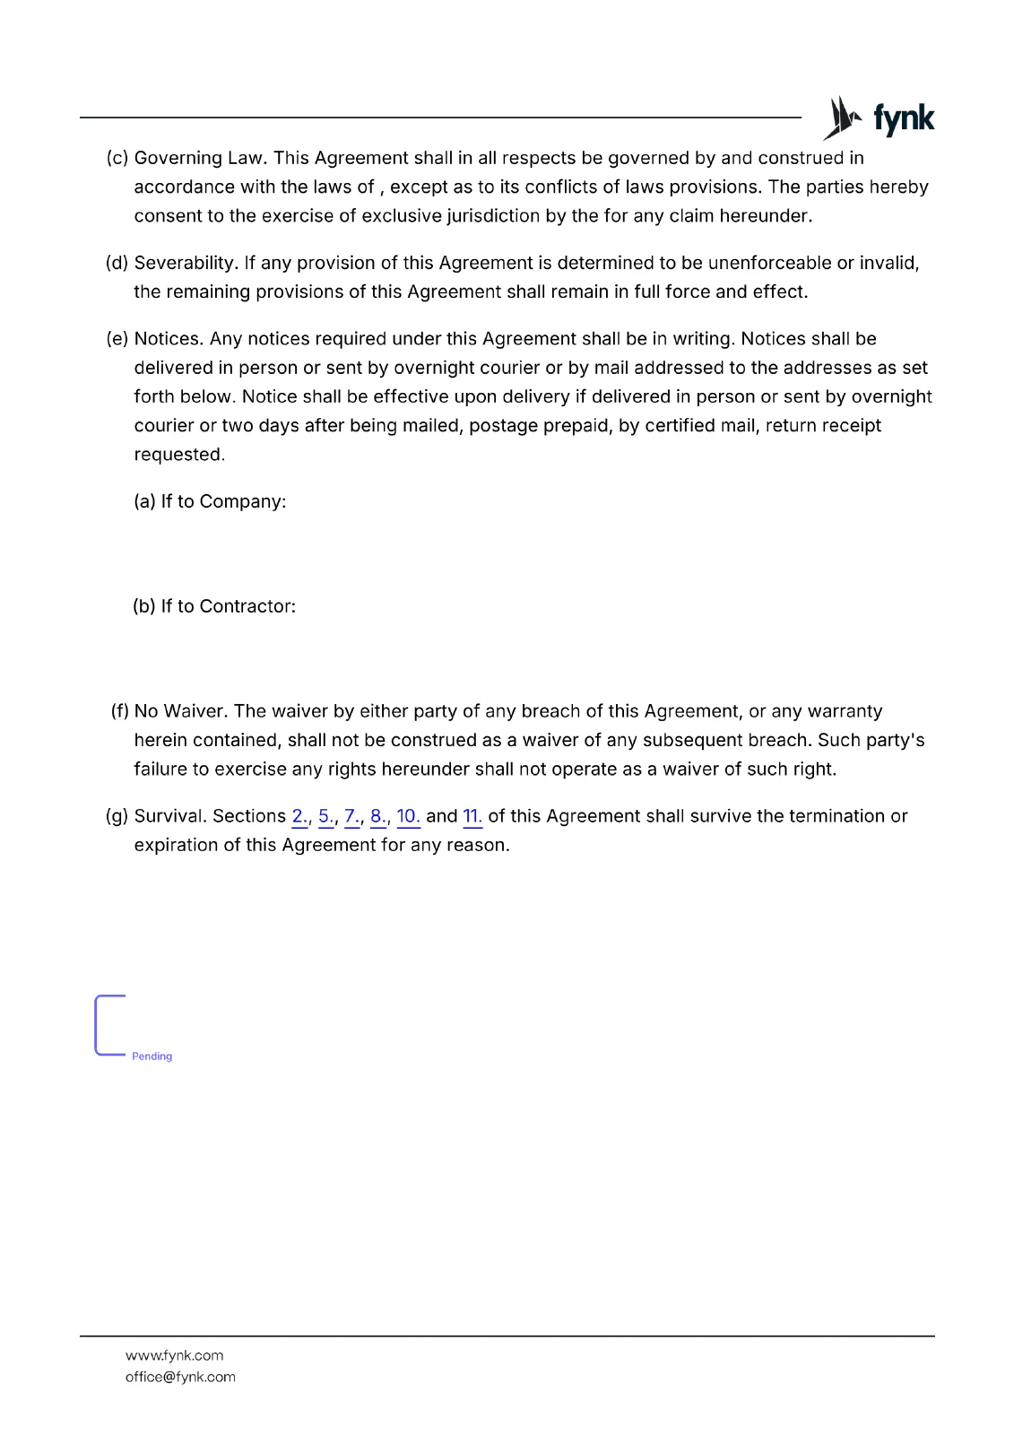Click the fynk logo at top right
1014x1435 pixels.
click(879, 117)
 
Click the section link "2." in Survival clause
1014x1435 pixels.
click(299, 816)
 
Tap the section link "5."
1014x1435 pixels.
click(326, 816)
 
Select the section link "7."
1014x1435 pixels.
click(352, 816)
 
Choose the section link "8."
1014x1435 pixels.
click(378, 816)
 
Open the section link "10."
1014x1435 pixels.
click(408, 816)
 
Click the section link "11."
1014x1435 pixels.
click(472, 816)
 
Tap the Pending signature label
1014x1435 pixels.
click(152, 1057)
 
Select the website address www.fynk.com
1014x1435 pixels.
click(175, 1355)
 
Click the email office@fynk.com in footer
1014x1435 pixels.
click(180, 1377)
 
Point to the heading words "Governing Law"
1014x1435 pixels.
click(198, 158)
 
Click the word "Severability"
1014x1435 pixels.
click(185, 263)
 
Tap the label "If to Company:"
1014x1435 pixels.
click(223, 501)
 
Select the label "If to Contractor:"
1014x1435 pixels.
click(228, 606)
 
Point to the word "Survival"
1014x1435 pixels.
click(169, 816)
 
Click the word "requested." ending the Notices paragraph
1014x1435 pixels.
click(179, 455)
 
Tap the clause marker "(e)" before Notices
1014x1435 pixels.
click(117, 339)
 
